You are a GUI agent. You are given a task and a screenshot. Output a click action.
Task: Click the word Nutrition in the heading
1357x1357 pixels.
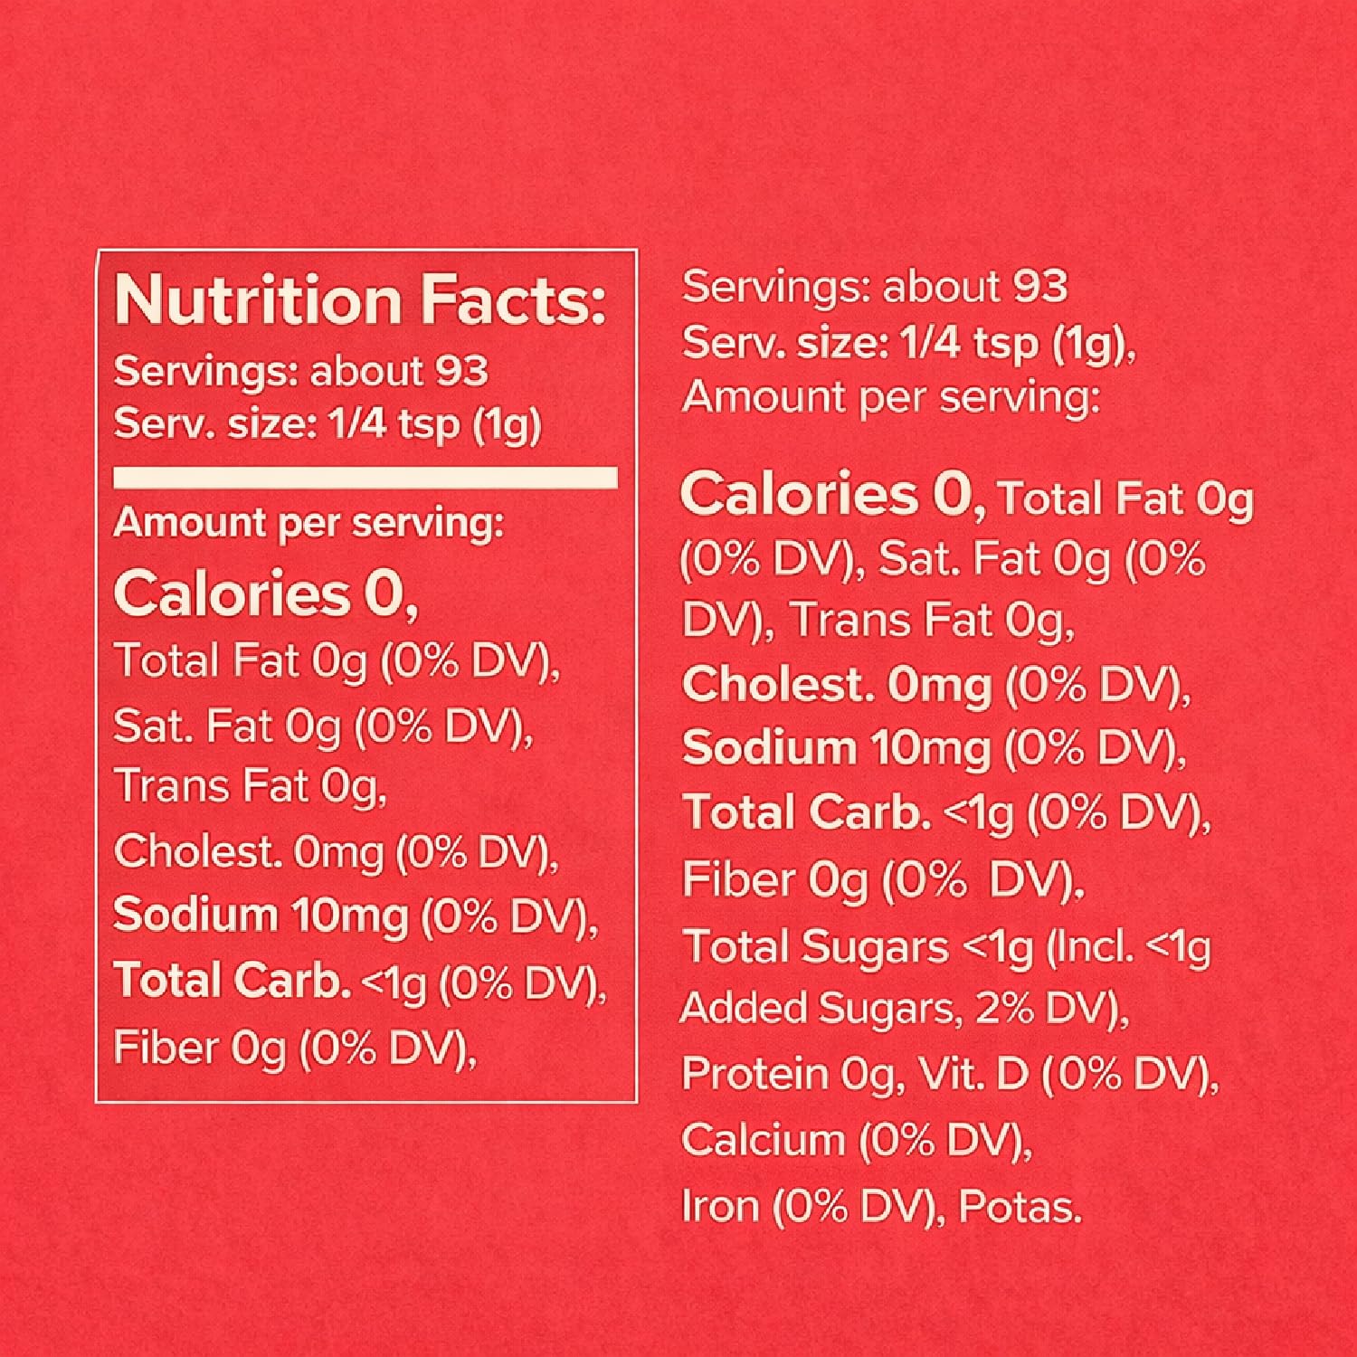pos(258,301)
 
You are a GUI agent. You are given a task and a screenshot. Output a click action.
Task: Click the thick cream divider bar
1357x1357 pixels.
pos(365,478)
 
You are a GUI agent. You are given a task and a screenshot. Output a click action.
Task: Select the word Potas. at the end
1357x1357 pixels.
pos(1020,1207)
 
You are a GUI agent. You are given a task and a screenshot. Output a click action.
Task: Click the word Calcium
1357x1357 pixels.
pos(763,1140)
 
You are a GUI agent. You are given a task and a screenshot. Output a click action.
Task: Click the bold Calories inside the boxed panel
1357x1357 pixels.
pos(231,593)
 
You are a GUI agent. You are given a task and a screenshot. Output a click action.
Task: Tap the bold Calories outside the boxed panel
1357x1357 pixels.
pos(798,495)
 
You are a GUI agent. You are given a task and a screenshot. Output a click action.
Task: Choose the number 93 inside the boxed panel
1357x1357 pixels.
pos(461,371)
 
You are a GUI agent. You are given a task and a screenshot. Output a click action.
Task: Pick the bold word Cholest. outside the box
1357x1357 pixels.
pos(778,685)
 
